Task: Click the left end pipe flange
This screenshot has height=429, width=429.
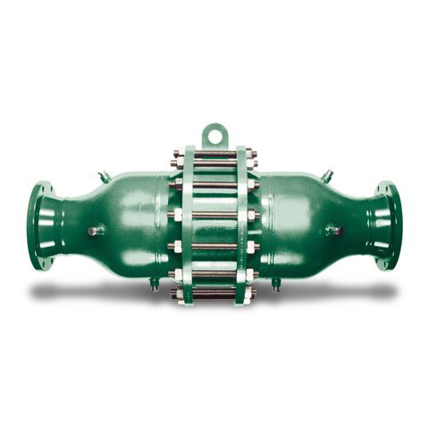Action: [x=38, y=225]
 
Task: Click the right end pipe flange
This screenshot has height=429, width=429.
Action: [x=387, y=225]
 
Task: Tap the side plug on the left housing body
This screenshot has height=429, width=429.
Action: [x=94, y=231]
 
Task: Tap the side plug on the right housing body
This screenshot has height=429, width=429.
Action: [x=334, y=231]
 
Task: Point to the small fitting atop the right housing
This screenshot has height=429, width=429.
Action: [x=327, y=175]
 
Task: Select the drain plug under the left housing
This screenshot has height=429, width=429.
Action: [x=154, y=286]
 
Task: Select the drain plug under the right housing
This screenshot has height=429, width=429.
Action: [x=275, y=286]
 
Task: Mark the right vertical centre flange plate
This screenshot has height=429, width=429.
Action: [x=241, y=223]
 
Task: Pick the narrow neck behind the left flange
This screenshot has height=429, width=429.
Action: [x=64, y=223]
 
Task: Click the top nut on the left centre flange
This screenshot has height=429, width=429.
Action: [x=178, y=154]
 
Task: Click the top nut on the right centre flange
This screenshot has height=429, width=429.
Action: [x=251, y=154]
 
